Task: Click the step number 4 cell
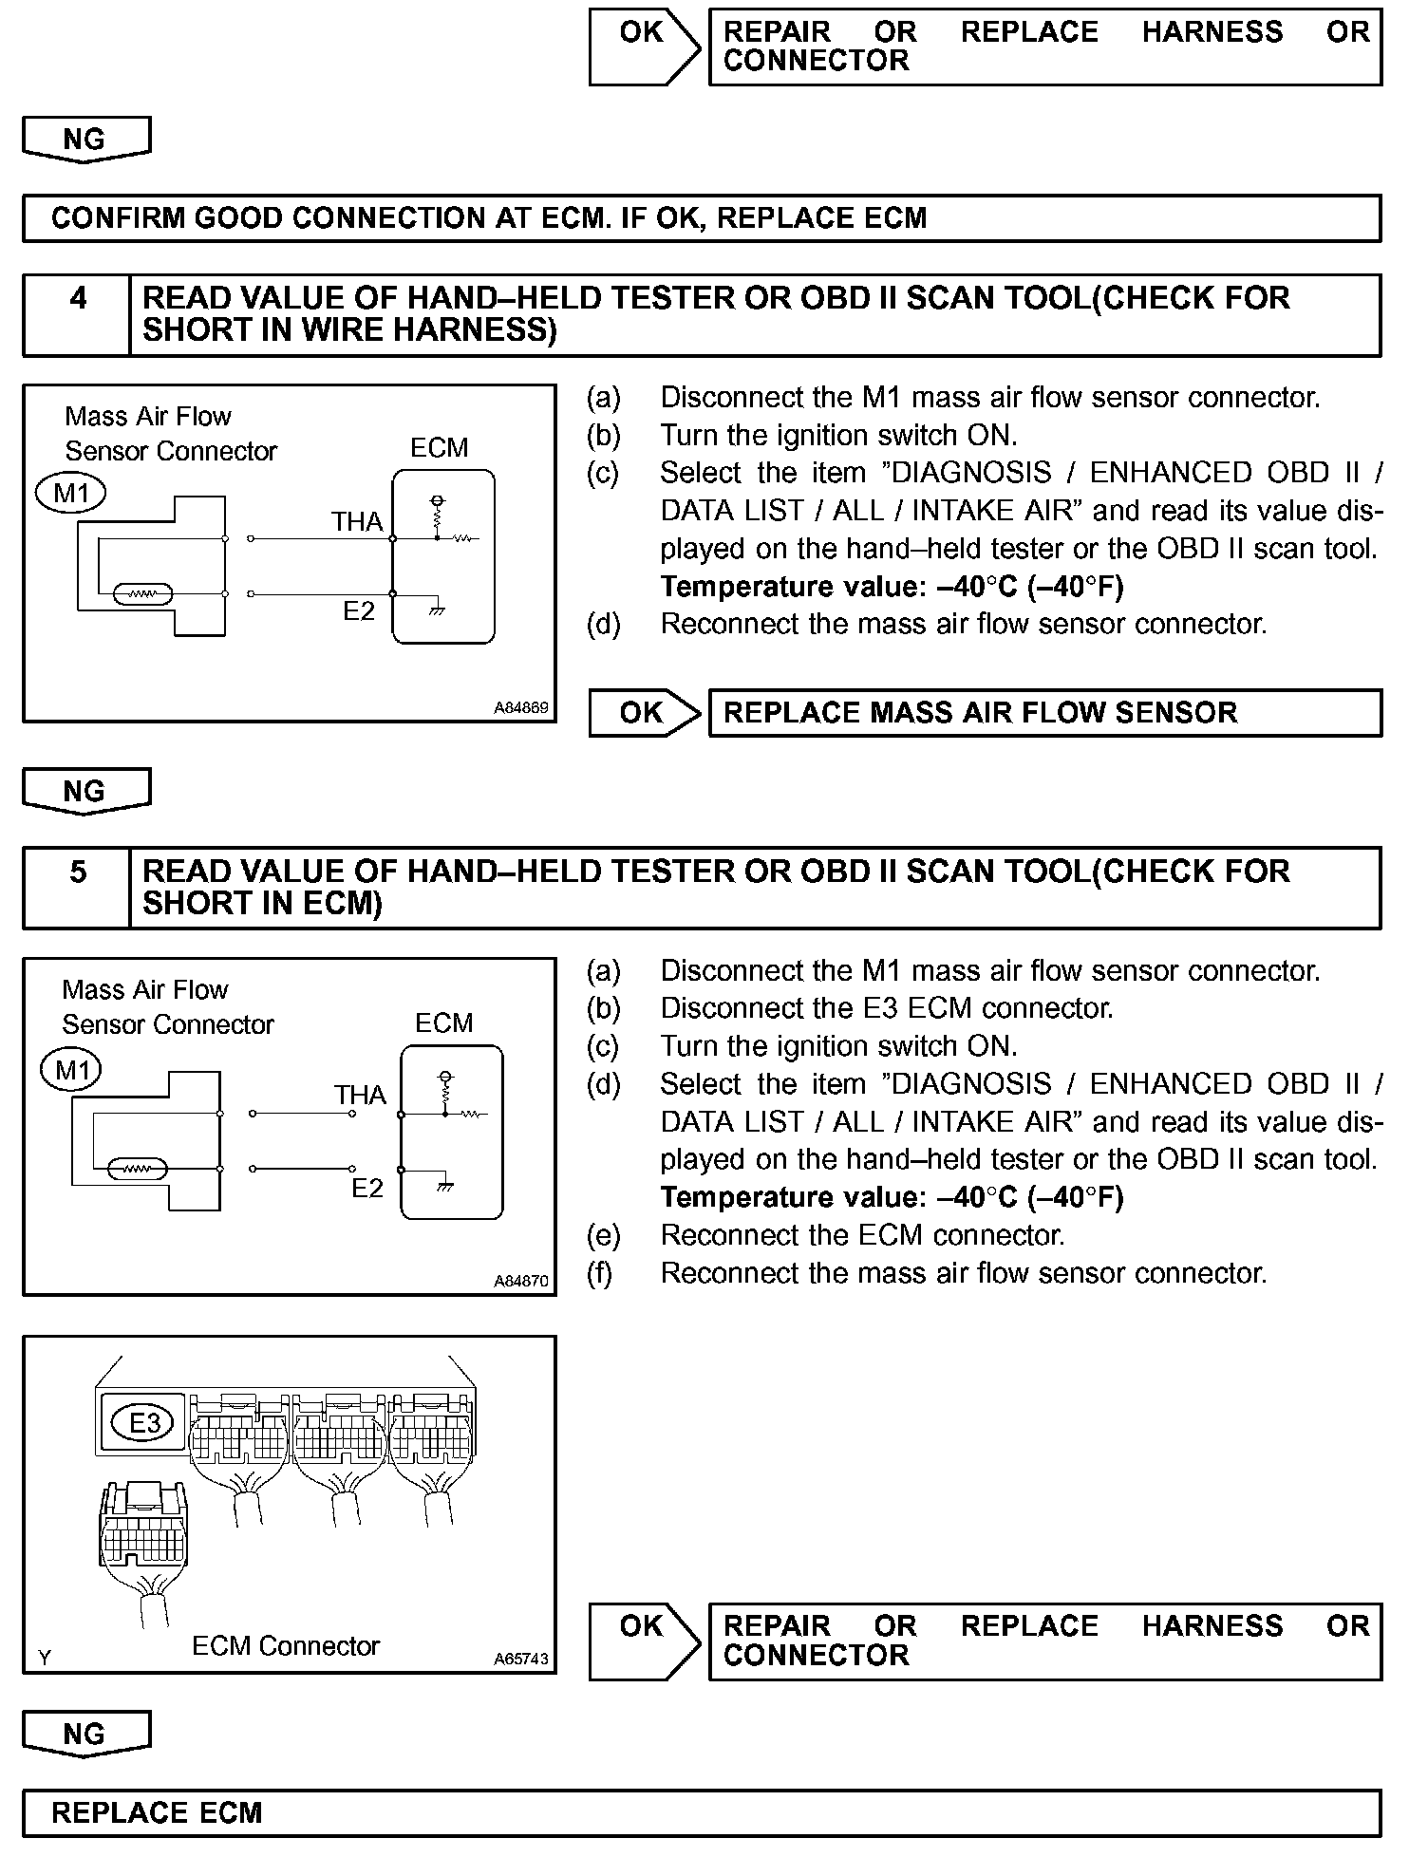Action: [77, 315]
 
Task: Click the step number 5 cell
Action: [77, 888]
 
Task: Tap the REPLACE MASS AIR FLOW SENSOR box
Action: [1044, 713]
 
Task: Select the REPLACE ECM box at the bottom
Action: [702, 1813]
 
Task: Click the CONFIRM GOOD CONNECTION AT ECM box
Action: [702, 218]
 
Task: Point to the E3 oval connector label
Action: [143, 1422]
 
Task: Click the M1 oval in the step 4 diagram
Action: [71, 494]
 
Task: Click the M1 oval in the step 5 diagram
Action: [71, 1070]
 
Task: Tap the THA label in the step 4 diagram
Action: [357, 521]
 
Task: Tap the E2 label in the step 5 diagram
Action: [366, 1189]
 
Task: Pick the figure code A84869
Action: [520, 708]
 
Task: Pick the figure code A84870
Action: [520, 1281]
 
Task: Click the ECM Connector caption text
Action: [285, 1645]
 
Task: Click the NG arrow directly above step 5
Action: [85, 792]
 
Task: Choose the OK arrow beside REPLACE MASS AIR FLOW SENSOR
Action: [644, 713]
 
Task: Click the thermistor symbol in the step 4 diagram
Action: [142, 595]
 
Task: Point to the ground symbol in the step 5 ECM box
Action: [443, 1186]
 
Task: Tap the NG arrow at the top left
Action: [85, 140]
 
